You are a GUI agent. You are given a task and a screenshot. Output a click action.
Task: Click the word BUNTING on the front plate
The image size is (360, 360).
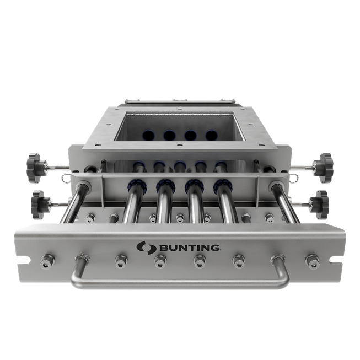point(189,248)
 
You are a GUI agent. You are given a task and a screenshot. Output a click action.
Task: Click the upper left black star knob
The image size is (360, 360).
point(36,168)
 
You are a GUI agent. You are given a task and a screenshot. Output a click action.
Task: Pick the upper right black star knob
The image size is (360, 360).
point(323,168)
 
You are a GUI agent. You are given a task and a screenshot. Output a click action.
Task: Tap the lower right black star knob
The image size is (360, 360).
point(319,205)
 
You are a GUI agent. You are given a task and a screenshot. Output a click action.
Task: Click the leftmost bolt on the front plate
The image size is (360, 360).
point(47,261)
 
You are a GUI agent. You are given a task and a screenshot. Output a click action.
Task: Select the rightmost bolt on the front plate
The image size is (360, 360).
point(313,261)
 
